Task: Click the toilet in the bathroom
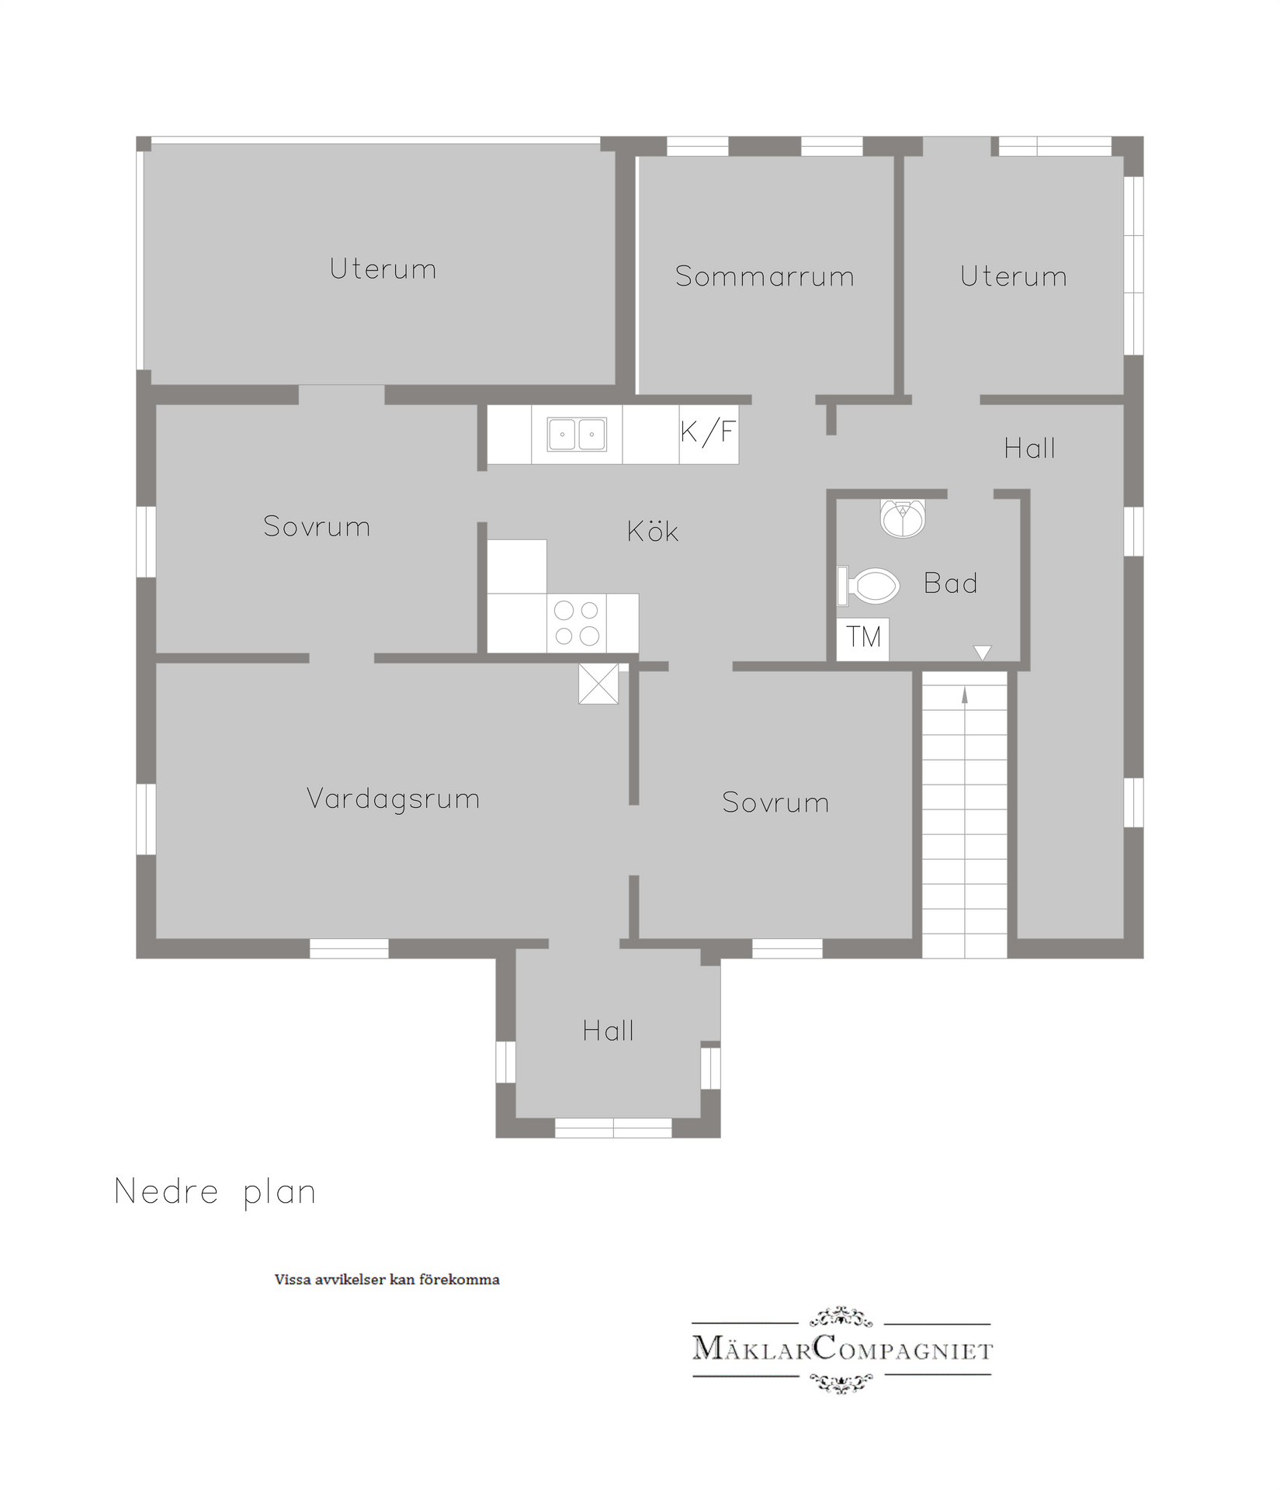868,586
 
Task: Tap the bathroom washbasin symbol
903,518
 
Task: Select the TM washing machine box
863,638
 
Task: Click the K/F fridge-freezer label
707,431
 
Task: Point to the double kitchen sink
577,435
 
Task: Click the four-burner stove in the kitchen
577,623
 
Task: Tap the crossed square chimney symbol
598,684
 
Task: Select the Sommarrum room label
765,276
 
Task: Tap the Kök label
653,531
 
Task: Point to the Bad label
950,583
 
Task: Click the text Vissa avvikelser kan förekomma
387,1280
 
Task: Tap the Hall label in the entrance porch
609,1031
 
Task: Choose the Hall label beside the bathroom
1029,448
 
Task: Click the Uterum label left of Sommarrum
383,269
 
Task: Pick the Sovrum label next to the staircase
775,802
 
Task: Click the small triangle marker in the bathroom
982,653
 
